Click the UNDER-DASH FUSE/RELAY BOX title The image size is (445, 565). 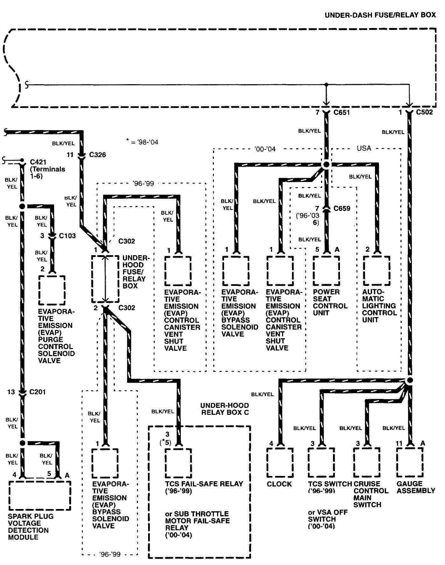tap(380, 15)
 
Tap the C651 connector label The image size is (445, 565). tap(342, 112)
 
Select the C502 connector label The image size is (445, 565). tap(424, 112)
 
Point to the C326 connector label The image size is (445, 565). tap(97, 155)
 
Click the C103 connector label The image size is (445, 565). tap(67, 236)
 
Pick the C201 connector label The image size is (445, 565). tap(38, 392)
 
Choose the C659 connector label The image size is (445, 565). tap(342, 208)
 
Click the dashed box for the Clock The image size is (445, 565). tap(280, 463)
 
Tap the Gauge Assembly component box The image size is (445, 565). tap(410, 462)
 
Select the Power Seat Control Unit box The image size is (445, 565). tap(326, 271)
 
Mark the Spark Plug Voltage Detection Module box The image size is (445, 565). tap(40, 495)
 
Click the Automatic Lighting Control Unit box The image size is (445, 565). tap(377, 271)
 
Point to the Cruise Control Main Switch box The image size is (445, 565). tap(367, 463)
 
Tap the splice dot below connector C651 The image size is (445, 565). tap(326, 165)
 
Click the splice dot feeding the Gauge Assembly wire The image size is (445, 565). tap(410, 380)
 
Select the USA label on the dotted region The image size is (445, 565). tap(364, 148)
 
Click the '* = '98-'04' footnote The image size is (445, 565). tap(142, 142)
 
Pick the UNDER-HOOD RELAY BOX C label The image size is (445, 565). tap(224, 409)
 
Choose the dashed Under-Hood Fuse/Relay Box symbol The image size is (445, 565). tap(105, 279)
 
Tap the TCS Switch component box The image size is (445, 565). tap(321, 463)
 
